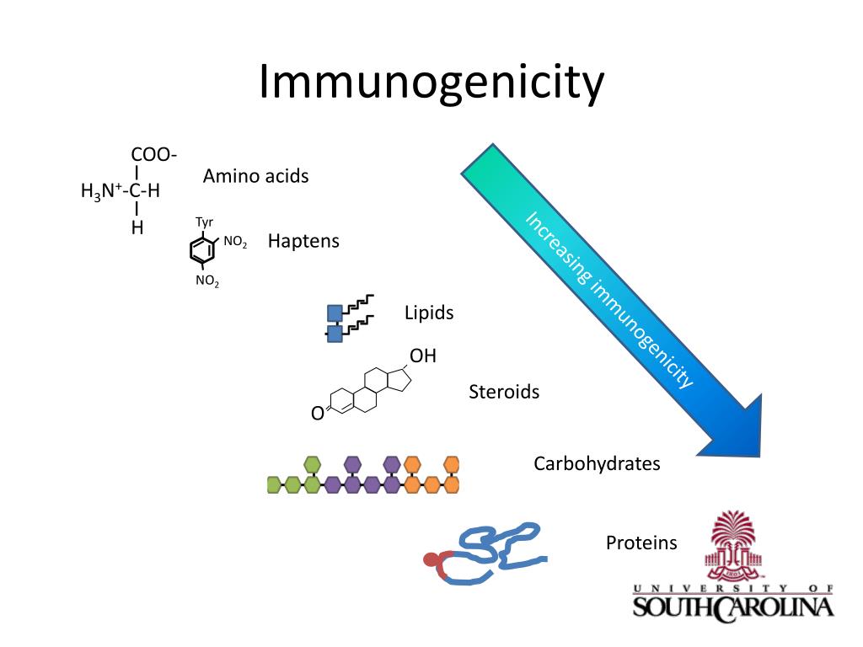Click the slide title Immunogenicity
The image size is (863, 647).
[x=431, y=82]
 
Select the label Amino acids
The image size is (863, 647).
[x=255, y=176]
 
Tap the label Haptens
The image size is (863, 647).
[x=303, y=241]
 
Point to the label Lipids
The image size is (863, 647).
[x=429, y=313]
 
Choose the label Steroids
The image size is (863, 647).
[x=504, y=392]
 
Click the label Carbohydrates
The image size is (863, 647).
[x=597, y=463]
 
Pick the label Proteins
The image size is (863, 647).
[x=641, y=543]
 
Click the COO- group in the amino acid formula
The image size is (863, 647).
[x=153, y=154]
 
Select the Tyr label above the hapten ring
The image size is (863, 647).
[x=204, y=222]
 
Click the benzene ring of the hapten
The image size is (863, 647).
[x=201, y=249]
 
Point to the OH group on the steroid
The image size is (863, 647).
[x=423, y=356]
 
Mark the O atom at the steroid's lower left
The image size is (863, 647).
[x=317, y=414]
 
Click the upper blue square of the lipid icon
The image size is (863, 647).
[x=335, y=314]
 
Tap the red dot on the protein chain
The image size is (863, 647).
[x=431, y=559]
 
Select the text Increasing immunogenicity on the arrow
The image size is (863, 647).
[x=609, y=299]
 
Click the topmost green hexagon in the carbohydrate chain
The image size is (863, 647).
[x=313, y=463]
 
